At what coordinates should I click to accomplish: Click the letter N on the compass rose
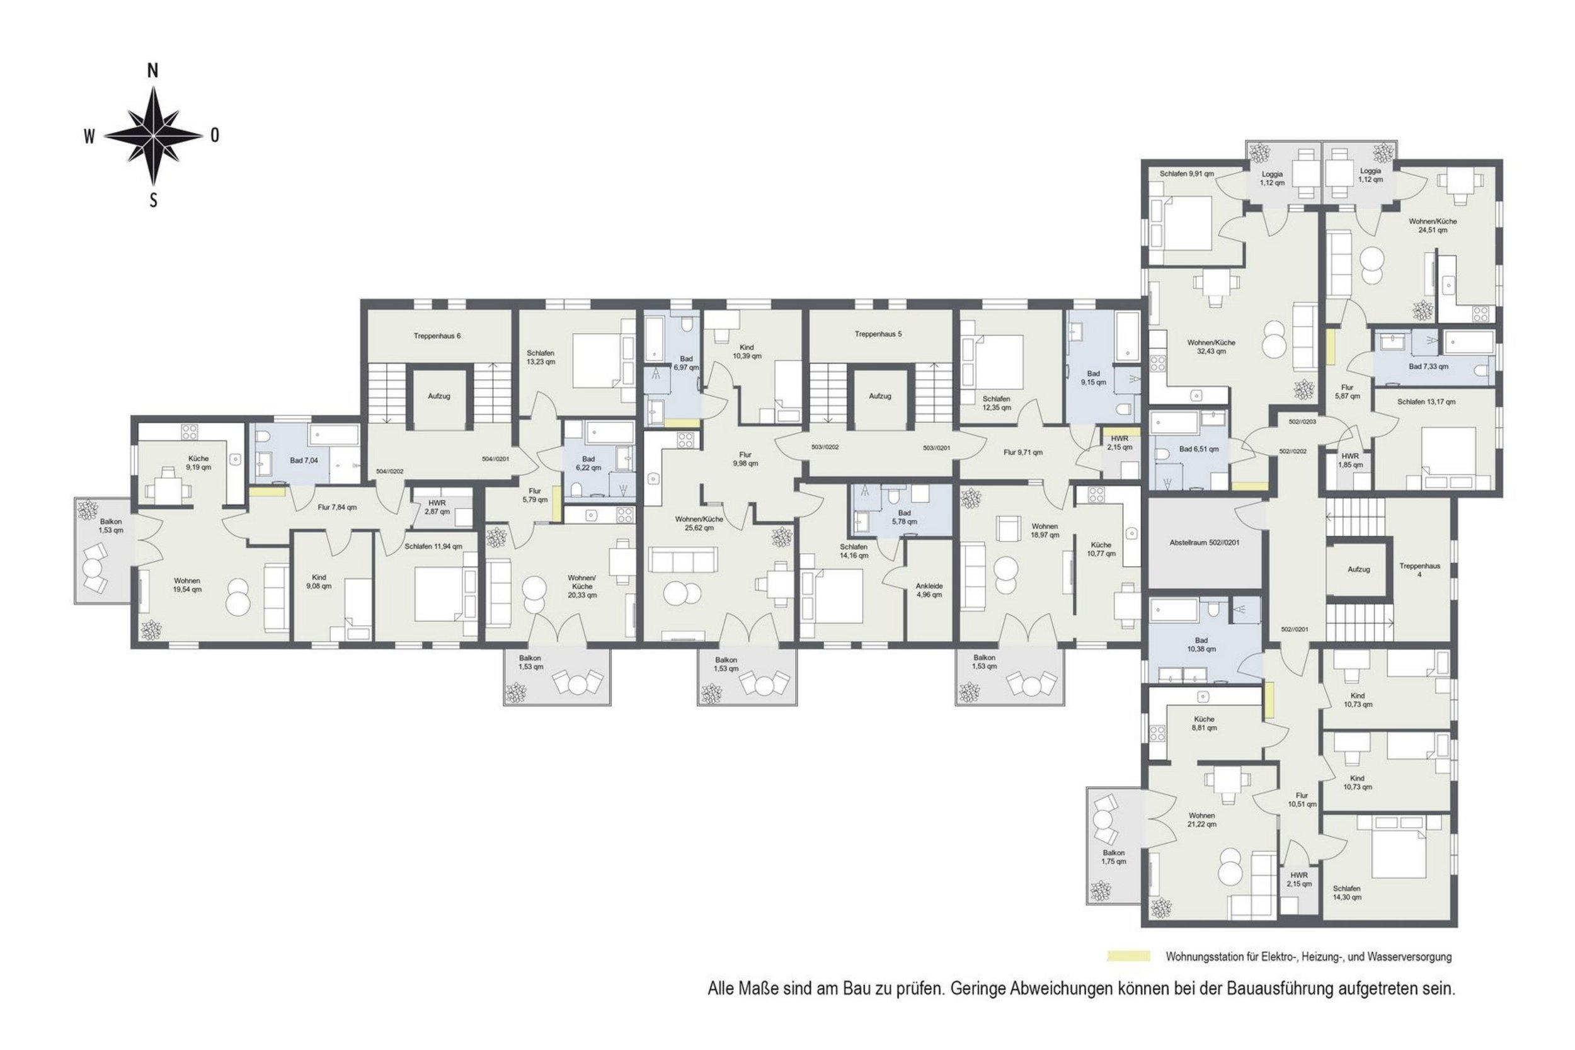pyautogui.click(x=152, y=71)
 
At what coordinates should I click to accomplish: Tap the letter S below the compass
pyautogui.click(x=153, y=200)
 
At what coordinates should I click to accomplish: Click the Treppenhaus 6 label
pyautogui.click(x=437, y=336)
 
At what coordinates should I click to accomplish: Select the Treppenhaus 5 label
pyautogui.click(x=878, y=333)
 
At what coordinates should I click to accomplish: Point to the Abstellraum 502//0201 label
pyautogui.click(x=1204, y=542)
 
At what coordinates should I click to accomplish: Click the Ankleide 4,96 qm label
pyautogui.click(x=929, y=590)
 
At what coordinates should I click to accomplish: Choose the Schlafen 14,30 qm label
pyautogui.click(x=1347, y=893)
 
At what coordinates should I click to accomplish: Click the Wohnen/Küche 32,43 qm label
pyautogui.click(x=1211, y=346)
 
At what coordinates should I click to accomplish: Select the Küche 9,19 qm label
pyautogui.click(x=198, y=463)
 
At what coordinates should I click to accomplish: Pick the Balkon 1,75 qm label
pyautogui.click(x=1114, y=857)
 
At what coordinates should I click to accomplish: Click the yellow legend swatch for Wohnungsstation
pyautogui.click(x=1128, y=956)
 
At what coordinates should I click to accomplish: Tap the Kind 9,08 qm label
pyautogui.click(x=319, y=581)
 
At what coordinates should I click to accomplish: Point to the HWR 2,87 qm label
pyautogui.click(x=437, y=507)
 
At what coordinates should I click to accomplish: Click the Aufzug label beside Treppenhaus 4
pyautogui.click(x=1359, y=569)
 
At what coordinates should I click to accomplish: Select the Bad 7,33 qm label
pyautogui.click(x=1428, y=367)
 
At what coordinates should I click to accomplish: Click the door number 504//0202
pyautogui.click(x=390, y=471)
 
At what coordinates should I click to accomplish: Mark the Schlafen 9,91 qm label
pyautogui.click(x=1188, y=173)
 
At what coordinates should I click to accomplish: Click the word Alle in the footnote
pyautogui.click(x=722, y=988)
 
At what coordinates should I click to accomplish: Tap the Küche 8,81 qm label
pyautogui.click(x=1204, y=723)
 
